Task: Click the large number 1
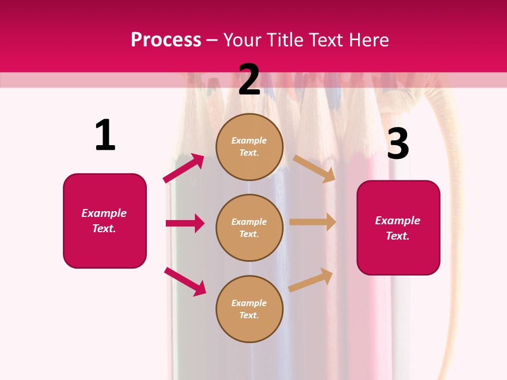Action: tap(105, 136)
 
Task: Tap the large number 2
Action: tap(249, 80)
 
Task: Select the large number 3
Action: tap(398, 144)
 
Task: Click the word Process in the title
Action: tap(166, 40)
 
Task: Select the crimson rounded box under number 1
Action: tap(105, 221)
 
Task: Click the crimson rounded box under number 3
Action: tap(398, 227)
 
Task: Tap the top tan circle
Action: tap(249, 147)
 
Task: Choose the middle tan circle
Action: tap(249, 227)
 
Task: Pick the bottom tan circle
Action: tap(249, 309)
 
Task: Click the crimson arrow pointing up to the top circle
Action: tap(184, 168)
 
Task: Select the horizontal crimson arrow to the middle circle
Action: tap(185, 223)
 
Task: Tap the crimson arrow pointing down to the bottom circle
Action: tap(185, 281)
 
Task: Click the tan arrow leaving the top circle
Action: tap(314, 168)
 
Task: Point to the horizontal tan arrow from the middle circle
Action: tap(313, 222)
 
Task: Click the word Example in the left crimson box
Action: tap(104, 213)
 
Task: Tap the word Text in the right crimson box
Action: tap(397, 236)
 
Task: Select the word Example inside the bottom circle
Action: tap(249, 303)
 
